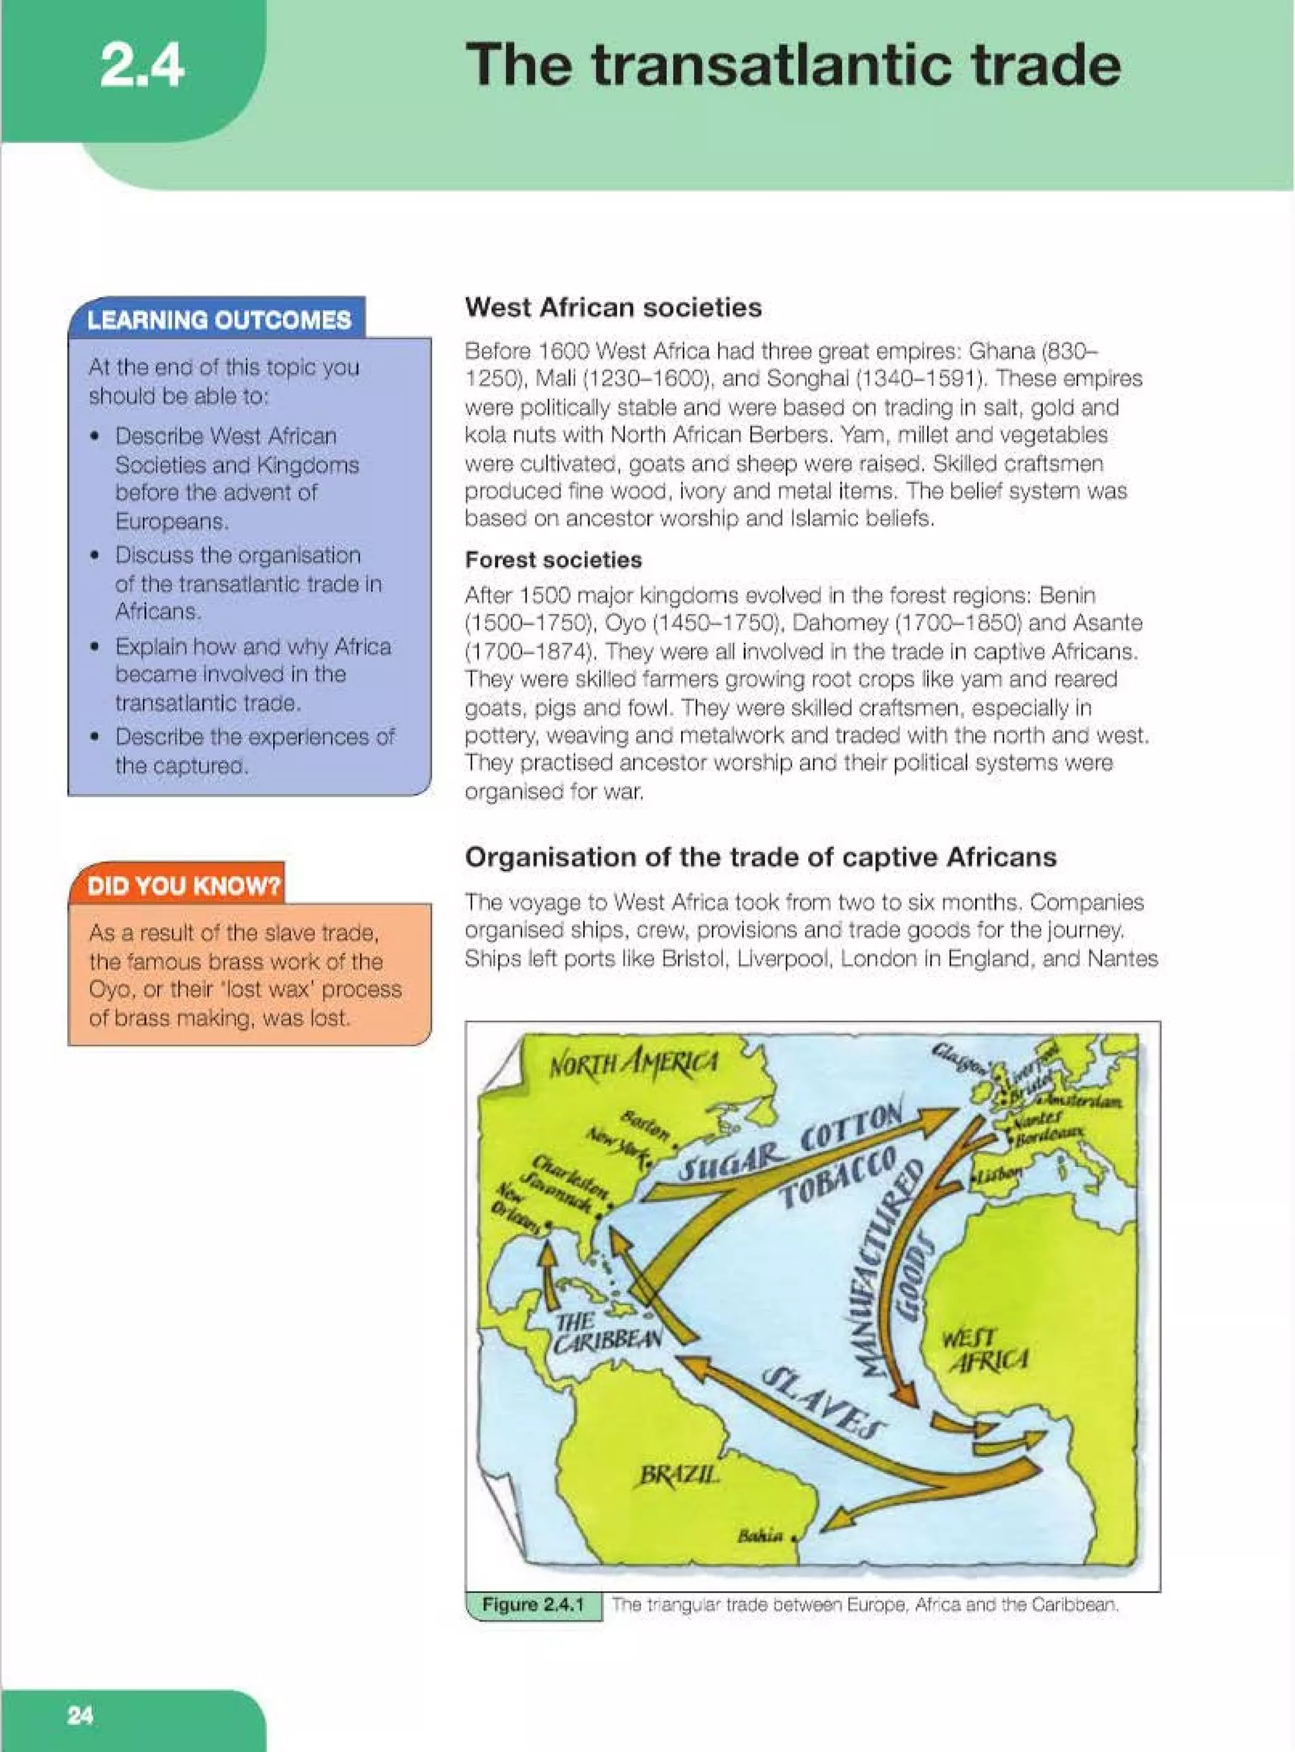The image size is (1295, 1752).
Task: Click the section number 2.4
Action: coord(142,66)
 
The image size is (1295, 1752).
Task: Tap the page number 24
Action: coord(80,1715)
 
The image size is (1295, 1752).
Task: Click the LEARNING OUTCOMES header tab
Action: coord(219,320)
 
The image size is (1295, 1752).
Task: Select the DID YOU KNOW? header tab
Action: coord(183,885)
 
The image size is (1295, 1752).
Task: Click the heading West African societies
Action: coord(612,307)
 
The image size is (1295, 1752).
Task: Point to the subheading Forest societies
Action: coord(553,560)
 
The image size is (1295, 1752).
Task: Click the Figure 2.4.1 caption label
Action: coord(533,1605)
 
